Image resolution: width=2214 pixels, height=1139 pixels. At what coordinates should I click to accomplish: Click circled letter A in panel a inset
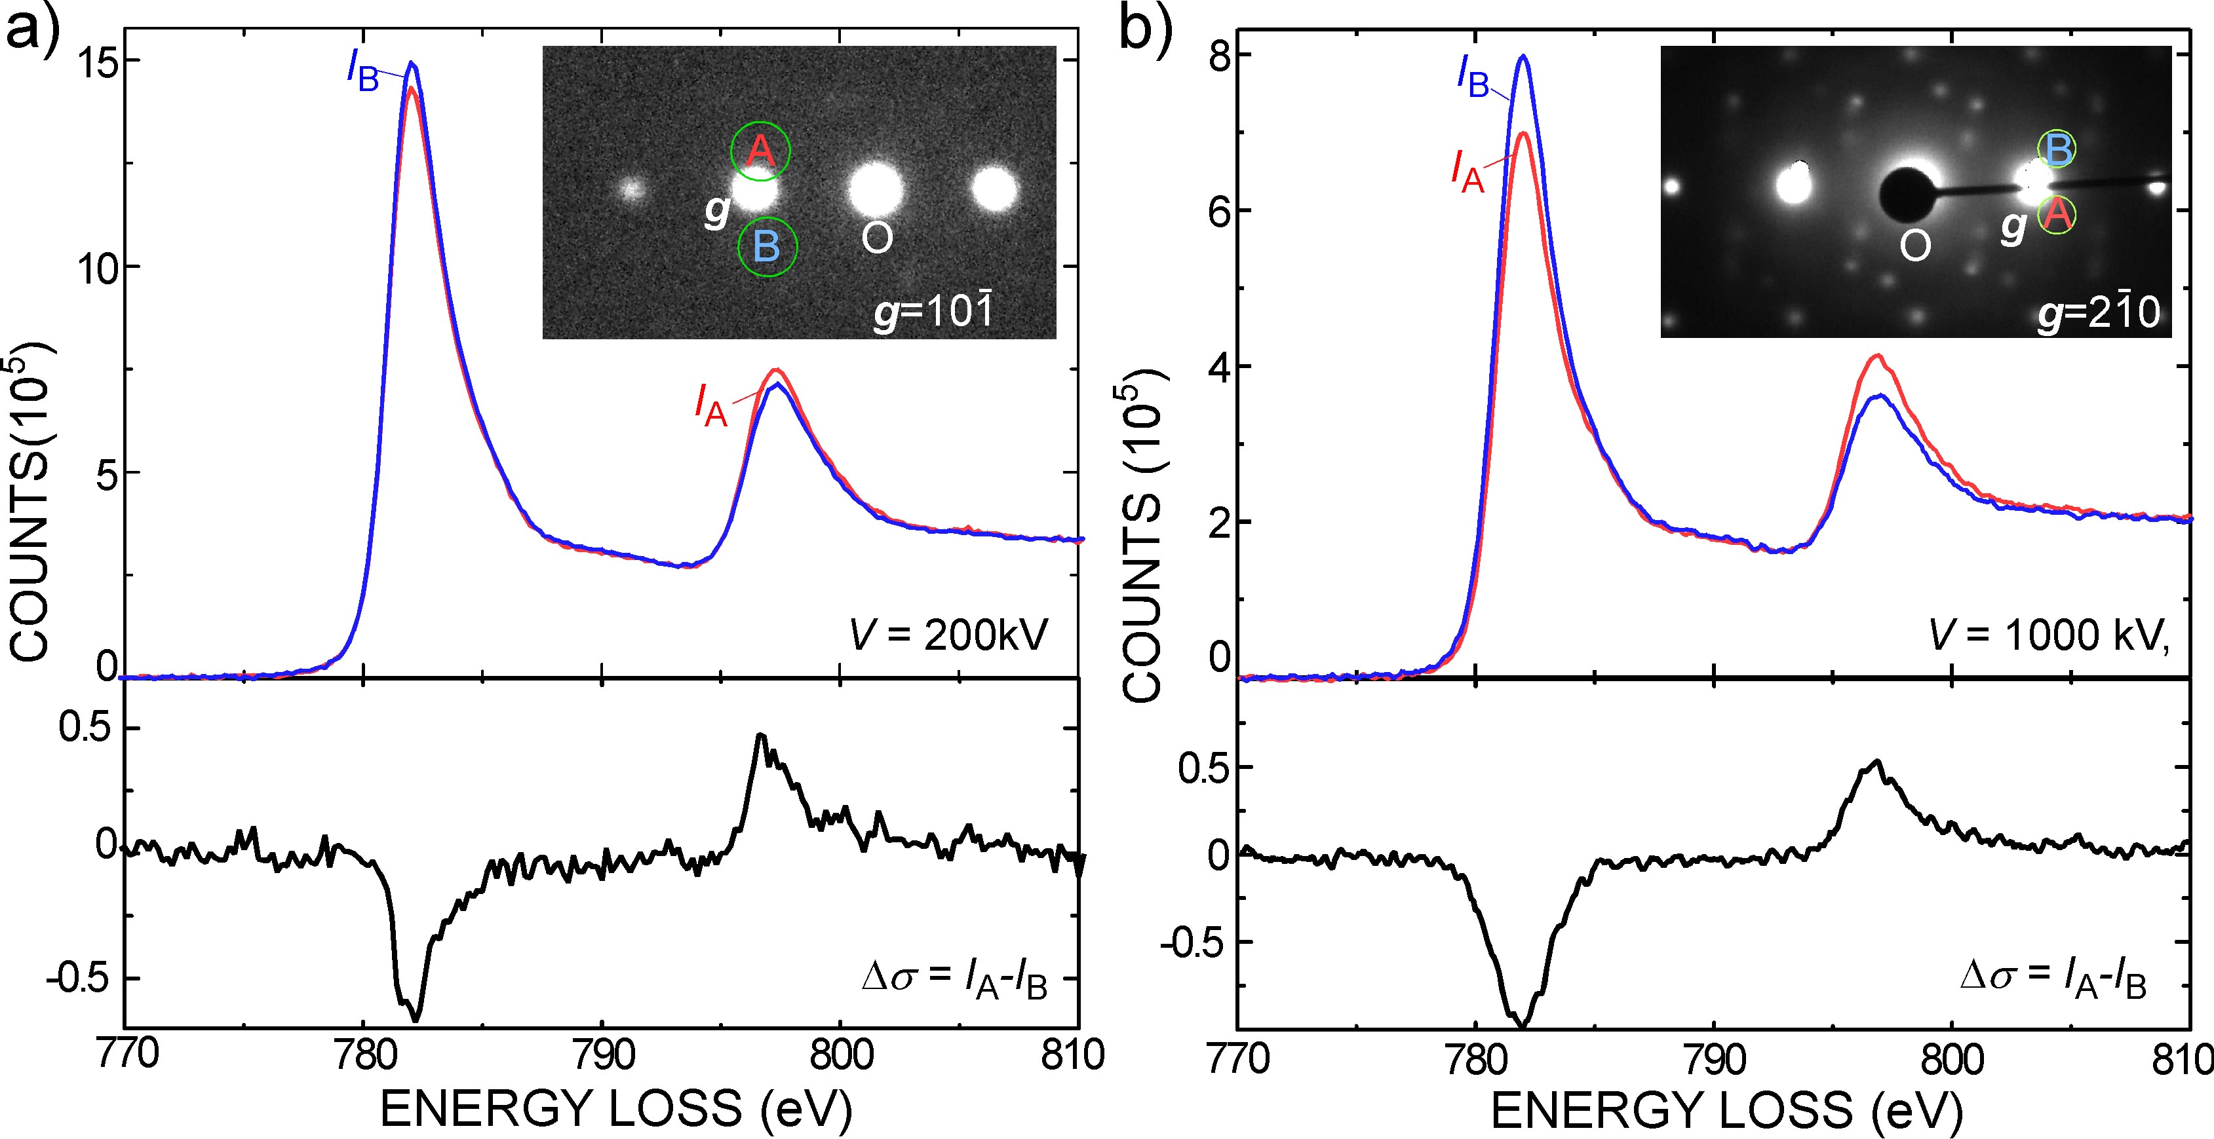click(x=760, y=151)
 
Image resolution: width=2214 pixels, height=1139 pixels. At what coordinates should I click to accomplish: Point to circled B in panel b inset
click(x=2057, y=151)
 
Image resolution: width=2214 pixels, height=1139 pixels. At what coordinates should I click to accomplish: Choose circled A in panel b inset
click(x=2056, y=215)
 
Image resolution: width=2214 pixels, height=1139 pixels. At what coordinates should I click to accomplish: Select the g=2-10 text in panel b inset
click(x=2098, y=311)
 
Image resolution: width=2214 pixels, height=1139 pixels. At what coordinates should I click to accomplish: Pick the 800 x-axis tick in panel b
click(x=1952, y=1058)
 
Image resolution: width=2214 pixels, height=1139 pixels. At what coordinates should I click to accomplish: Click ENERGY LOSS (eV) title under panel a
click(x=615, y=1109)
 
